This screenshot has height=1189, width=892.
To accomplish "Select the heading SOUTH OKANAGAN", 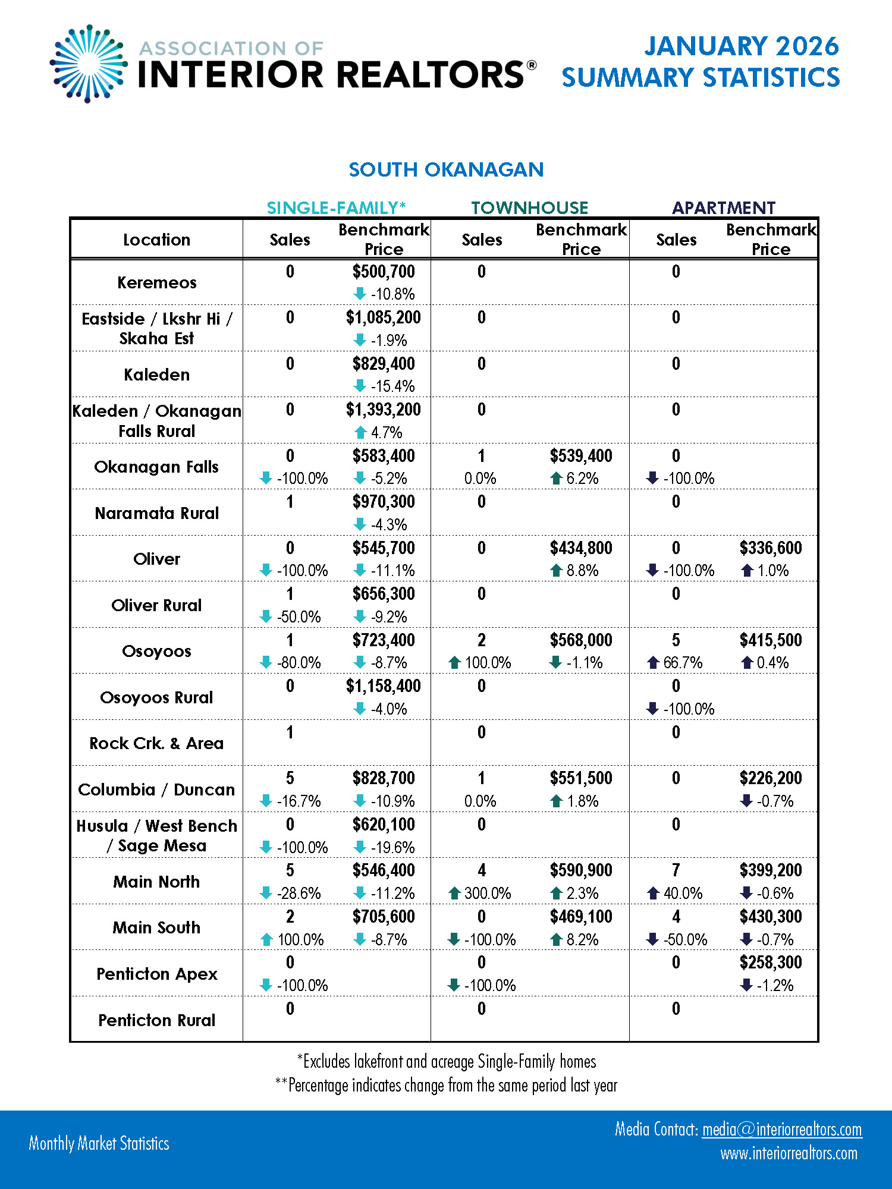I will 446,170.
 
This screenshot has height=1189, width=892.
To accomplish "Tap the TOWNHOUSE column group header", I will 529,207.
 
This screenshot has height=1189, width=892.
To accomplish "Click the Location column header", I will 156,240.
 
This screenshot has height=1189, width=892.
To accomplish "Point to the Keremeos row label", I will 156,282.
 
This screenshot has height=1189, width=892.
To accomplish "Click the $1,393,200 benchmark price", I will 384,410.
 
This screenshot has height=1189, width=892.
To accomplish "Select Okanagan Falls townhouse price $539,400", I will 581,456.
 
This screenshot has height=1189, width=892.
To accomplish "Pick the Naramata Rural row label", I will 156,513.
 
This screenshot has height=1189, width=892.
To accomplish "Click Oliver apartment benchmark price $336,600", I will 771,548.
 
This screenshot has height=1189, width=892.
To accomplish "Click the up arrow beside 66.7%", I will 653,663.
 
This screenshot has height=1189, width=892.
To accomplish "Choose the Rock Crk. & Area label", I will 156,743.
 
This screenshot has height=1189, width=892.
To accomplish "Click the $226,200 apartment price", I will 771,778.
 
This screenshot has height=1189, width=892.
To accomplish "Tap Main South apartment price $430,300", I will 771,917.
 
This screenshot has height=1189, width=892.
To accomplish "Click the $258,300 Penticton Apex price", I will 771,962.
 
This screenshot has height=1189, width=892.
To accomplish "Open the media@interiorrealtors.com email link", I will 781,1129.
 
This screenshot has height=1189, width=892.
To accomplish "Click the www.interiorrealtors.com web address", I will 789,1154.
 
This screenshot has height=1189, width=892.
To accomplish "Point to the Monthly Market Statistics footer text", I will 99,1143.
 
